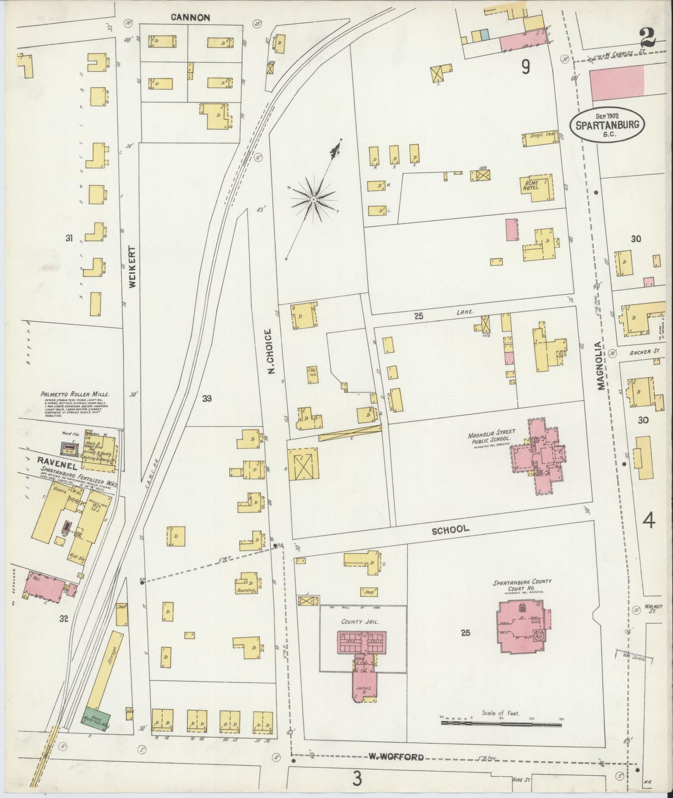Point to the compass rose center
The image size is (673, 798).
(x=313, y=199)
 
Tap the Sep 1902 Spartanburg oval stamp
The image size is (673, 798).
(x=609, y=125)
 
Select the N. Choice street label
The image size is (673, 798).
(x=269, y=352)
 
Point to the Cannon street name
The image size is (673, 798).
(x=190, y=18)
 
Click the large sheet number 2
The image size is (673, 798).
(x=647, y=37)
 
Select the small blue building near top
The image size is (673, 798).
(x=485, y=34)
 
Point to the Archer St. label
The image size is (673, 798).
(x=640, y=352)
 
